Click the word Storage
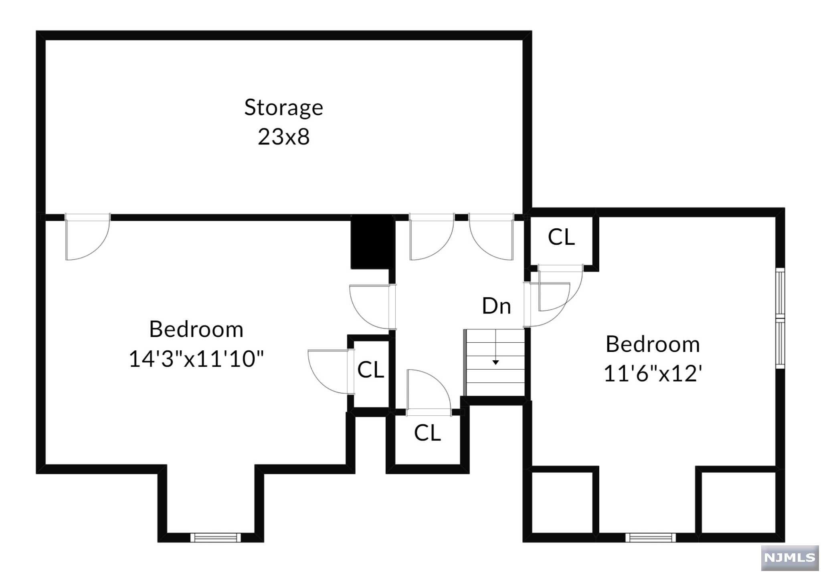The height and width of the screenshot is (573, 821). (x=283, y=108)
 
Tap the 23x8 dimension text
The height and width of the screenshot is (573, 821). (x=283, y=137)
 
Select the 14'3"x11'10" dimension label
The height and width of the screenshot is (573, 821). (x=196, y=358)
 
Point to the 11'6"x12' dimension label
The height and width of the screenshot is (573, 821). (x=653, y=374)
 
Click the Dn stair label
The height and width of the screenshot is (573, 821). (x=496, y=306)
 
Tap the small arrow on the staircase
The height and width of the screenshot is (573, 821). (x=495, y=362)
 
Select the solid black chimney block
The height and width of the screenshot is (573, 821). (x=372, y=242)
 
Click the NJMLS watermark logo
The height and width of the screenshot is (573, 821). (x=789, y=557)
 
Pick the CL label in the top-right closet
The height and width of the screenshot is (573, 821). (x=561, y=237)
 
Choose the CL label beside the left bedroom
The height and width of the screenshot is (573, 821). (x=370, y=370)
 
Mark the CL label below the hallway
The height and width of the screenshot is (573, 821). (x=427, y=433)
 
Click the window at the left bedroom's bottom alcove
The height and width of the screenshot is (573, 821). (x=215, y=538)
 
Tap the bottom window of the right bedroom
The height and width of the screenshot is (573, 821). (x=650, y=538)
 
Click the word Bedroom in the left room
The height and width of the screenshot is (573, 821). (x=196, y=329)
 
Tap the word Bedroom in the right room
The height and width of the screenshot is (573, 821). (x=653, y=344)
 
